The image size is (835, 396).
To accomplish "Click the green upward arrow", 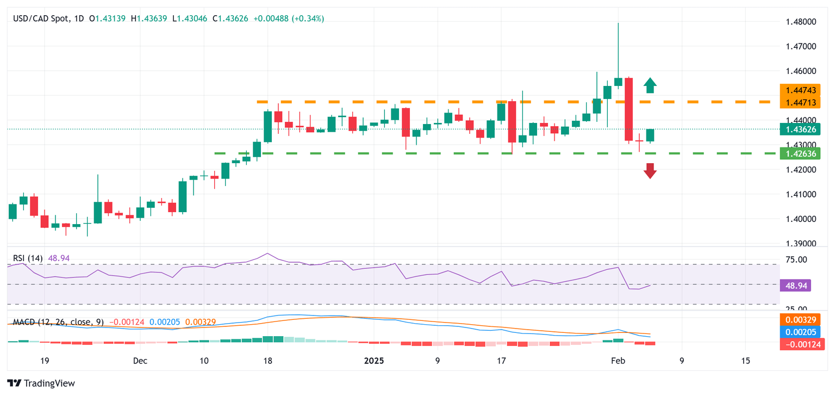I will [x=650, y=85].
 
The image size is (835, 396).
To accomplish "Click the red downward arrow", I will [x=650, y=171].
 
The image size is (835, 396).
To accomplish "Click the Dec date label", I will [x=140, y=361].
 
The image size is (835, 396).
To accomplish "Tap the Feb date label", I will [x=618, y=361].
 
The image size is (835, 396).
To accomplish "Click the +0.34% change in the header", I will [x=308, y=18].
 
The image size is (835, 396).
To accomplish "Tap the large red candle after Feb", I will [x=628, y=109].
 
